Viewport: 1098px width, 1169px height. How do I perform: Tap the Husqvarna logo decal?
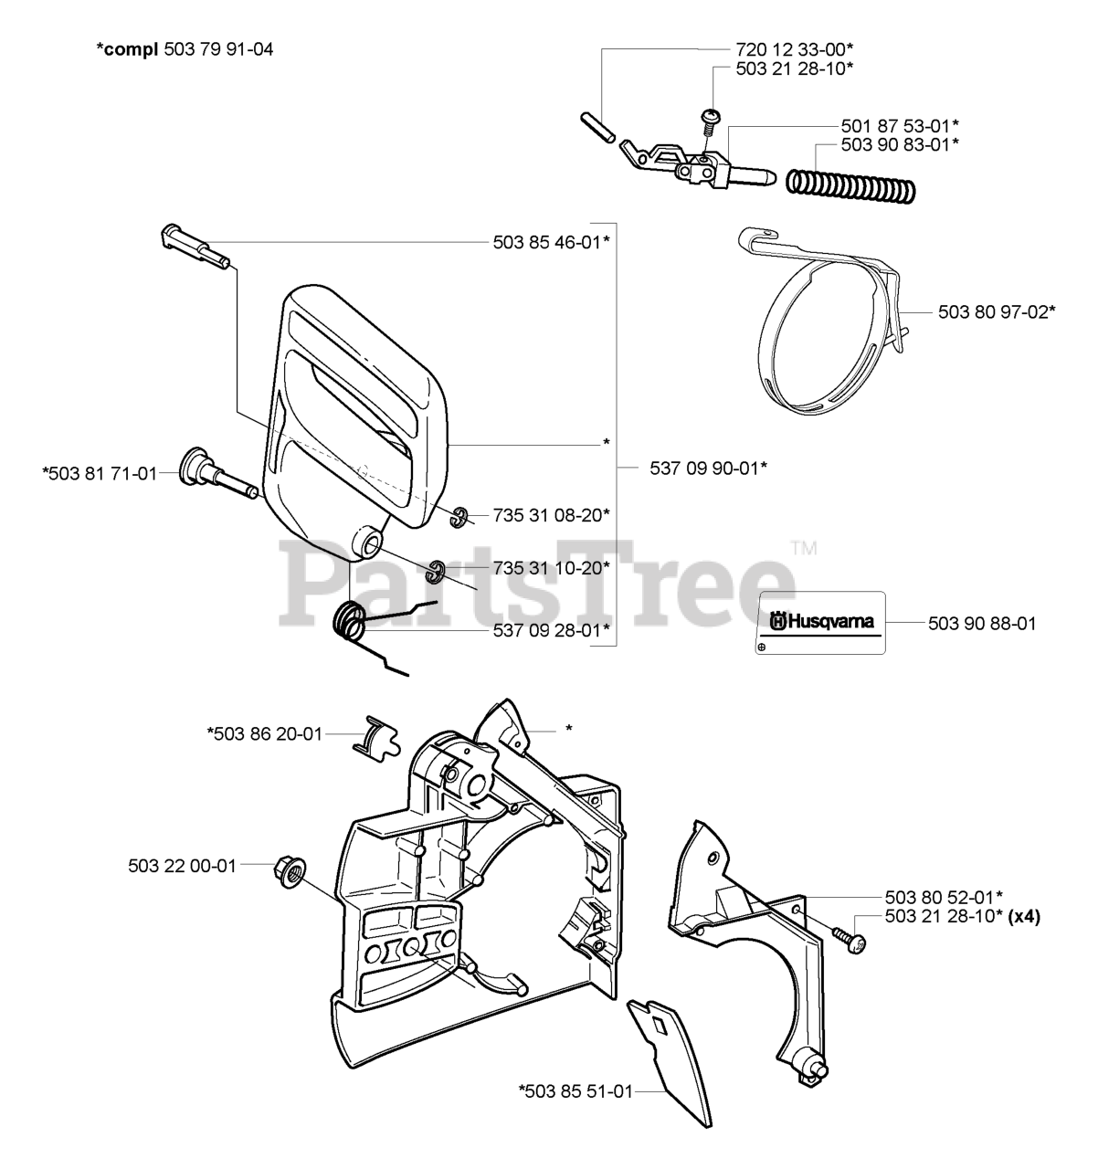pyautogui.click(x=822, y=622)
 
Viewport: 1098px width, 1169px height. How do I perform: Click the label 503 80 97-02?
pyautogui.click(x=997, y=311)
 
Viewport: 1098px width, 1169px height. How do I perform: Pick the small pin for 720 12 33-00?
pyautogui.click(x=597, y=124)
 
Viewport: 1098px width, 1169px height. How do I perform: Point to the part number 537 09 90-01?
pyautogui.click(x=708, y=468)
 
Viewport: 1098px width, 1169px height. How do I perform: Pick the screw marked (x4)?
pyautogui.click(x=847, y=940)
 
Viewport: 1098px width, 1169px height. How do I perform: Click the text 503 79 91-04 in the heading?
pyautogui.click(x=218, y=49)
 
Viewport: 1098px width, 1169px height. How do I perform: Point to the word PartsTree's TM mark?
pyautogui.click(x=803, y=549)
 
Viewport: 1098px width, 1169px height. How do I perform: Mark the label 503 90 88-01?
pyautogui.click(x=982, y=624)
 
